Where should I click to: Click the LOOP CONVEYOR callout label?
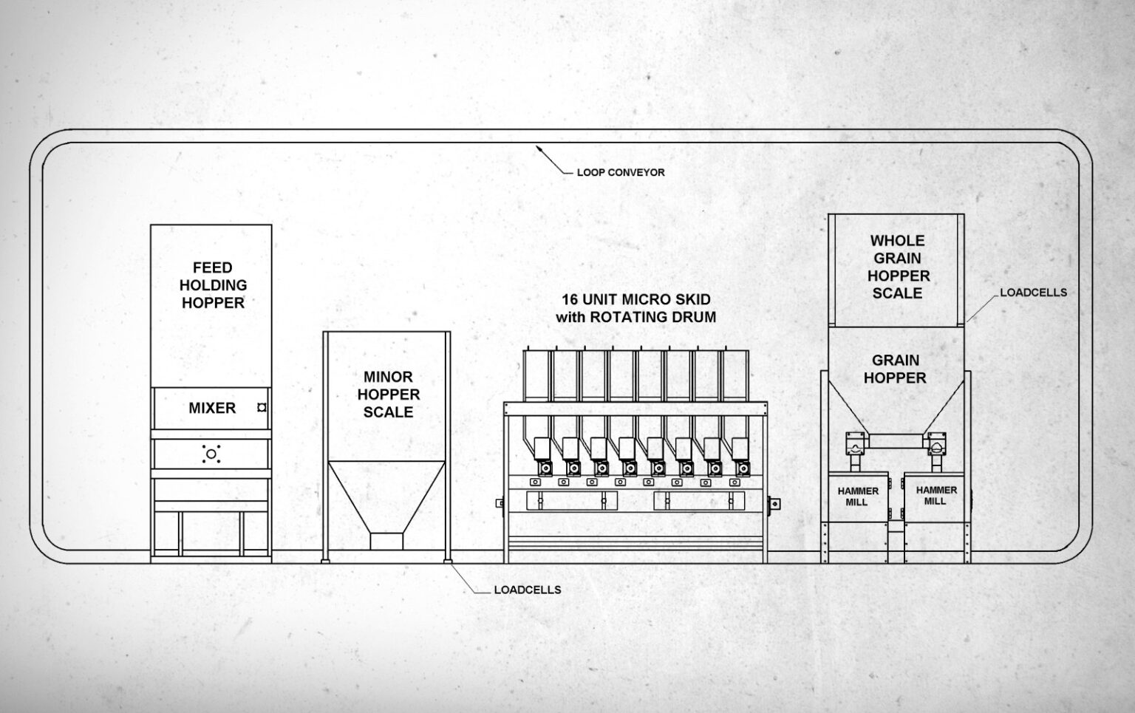[x=620, y=172]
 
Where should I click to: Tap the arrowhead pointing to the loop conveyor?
[x=539, y=149]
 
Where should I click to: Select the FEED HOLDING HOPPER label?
[x=213, y=285]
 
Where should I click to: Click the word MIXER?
[x=212, y=408]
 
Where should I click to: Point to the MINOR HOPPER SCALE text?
[x=388, y=395]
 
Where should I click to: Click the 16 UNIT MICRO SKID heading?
[x=635, y=299]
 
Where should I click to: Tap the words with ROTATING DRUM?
[x=635, y=318]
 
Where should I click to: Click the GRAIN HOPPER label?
[x=895, y=369]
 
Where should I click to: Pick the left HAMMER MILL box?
[x=858, y=497]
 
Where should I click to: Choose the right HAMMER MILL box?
[x=935, y=496]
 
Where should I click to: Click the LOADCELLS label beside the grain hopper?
[x=1033, y=293]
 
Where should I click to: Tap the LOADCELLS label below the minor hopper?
[x=527, y=590]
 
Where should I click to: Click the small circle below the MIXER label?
[x=211, y=454]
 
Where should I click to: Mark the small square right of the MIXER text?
[x=261, y=407]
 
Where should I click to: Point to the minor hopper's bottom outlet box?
[x=386, y=542]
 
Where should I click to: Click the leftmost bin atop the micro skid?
[x=537, y=375]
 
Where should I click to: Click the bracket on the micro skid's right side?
[x=774, y=504]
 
